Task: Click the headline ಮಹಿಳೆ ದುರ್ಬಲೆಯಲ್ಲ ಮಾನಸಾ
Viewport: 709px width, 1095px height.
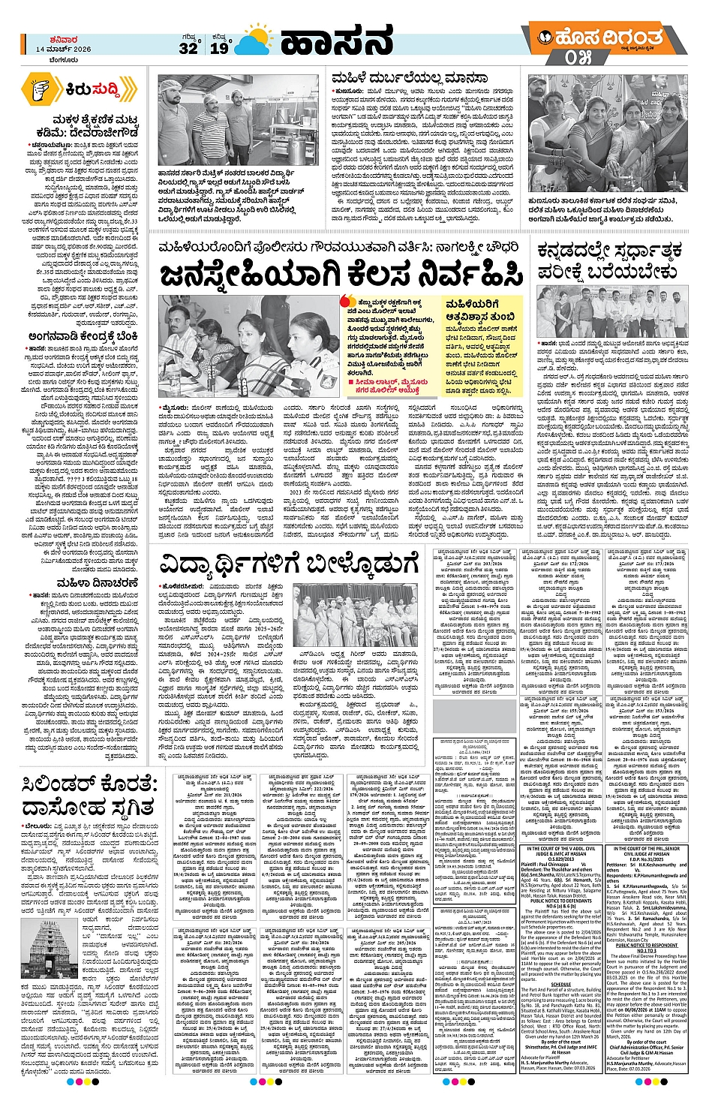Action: [410, 77]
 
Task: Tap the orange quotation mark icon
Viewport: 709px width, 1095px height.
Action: [345, 303]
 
